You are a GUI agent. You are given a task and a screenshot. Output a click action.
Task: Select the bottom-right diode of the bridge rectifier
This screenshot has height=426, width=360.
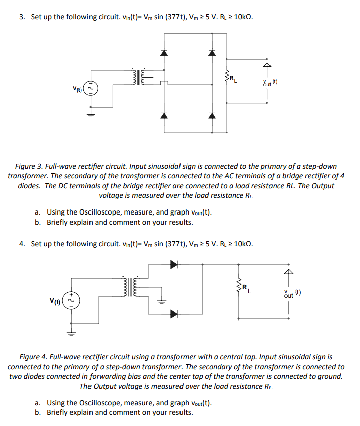pos(212,116)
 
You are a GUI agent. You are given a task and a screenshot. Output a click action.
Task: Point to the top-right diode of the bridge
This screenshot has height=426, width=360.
pos(212,53)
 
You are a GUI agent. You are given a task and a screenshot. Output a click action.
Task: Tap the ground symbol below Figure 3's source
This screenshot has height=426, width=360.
pos(91,115)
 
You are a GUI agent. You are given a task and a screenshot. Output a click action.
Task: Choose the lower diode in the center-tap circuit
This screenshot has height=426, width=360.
pos(174,314)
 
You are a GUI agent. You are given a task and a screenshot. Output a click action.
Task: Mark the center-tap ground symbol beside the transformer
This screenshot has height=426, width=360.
pos(162,301)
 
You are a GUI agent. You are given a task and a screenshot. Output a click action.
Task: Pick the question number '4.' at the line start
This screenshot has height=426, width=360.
pos(22,244)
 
